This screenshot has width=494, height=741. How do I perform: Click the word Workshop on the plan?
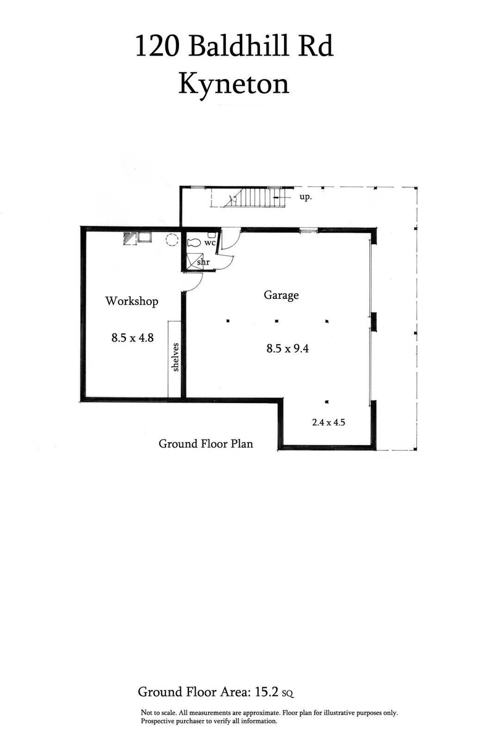click(x=132, y=301)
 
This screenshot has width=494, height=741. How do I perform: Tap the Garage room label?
click(x=282, y=295)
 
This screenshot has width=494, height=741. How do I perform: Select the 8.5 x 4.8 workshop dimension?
click(x=132, y=338)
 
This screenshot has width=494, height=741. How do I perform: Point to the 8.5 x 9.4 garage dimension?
click(x=287, y=348)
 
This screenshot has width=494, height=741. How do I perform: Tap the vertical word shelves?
click(x=175, y=357)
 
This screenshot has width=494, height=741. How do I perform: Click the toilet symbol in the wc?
click(x=193, y=243)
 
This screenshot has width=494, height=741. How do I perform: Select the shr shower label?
click(x=203, y=262)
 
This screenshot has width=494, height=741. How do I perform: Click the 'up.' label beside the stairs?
click(x=306, y=198)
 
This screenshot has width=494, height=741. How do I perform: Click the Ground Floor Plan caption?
click(x=206, y=443)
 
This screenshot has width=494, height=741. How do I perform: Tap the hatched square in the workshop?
click(x=130, y=238)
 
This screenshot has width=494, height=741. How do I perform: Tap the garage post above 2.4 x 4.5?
click(x=327, y=400)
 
